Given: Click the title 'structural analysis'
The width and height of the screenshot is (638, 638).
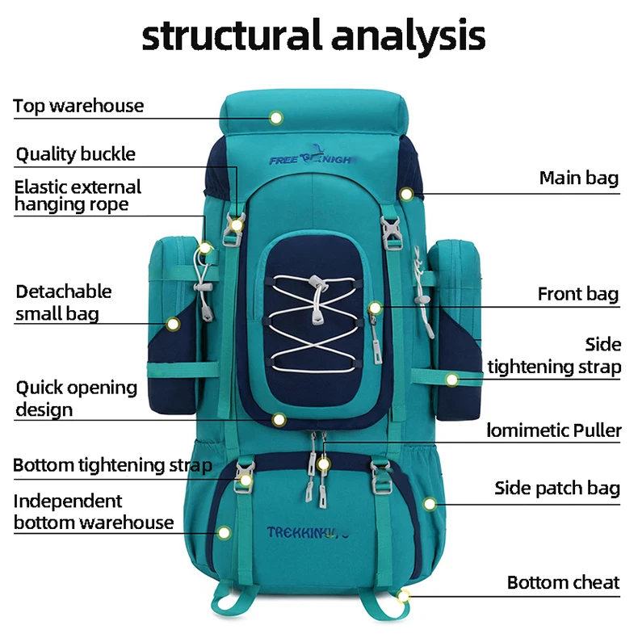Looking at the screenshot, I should coord(314,36).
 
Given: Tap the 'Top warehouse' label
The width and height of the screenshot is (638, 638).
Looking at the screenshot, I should coord(78,106).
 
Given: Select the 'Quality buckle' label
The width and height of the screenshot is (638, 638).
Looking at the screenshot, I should coord(76,154).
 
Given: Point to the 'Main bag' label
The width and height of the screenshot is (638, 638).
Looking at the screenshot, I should coord(578,178).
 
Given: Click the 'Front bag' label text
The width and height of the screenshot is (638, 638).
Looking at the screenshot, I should coord(577,294).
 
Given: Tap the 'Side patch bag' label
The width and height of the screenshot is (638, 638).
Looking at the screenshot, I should coord(557,488).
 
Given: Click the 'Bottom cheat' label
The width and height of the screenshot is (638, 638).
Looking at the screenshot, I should coord(563,582).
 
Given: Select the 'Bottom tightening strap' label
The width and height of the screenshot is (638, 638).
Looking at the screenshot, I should coord(112,465).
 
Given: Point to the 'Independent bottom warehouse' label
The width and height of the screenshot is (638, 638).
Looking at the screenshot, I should coord(93,512).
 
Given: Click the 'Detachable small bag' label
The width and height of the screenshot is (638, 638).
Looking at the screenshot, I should coord(63,302).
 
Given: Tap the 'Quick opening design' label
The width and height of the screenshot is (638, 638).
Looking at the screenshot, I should coord(76,398).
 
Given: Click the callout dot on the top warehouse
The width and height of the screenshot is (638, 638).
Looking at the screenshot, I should coord(276,118).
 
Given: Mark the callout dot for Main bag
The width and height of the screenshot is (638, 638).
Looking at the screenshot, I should coord(406,194).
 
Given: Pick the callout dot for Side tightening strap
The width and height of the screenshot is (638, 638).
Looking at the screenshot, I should coord(451,379).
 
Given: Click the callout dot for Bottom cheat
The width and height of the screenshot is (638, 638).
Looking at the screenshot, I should coord(403,596).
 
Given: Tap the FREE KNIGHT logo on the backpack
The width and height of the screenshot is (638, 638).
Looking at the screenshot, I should coord(312,159).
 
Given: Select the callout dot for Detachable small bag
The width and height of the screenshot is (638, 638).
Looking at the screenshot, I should coord(173,324).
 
